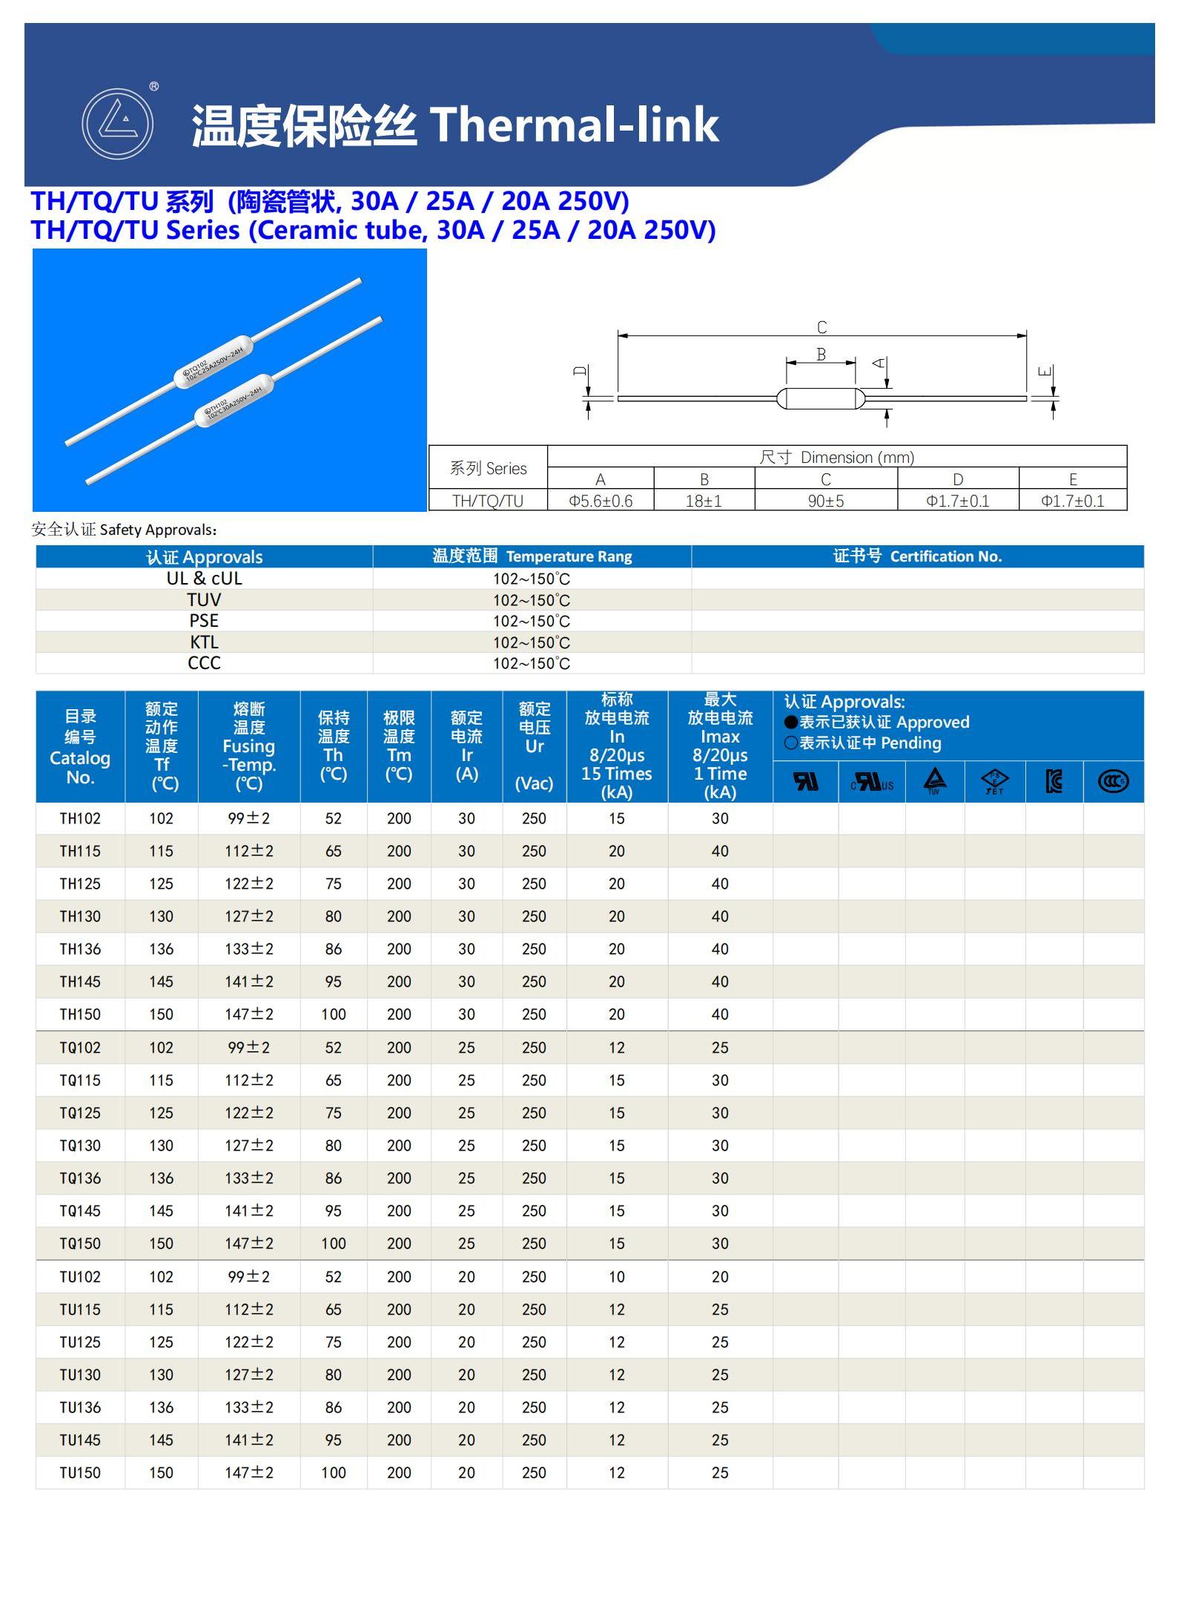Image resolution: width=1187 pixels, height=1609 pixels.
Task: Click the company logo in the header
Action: (x=117, y=123)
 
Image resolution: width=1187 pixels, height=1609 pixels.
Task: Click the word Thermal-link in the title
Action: (x=574, y=125)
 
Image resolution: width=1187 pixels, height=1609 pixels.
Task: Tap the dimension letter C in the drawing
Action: (x=821, y=327)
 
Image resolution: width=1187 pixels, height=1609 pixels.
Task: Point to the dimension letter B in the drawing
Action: (x=821, y=354)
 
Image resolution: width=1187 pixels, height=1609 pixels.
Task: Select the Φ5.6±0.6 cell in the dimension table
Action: (x=601, y=501)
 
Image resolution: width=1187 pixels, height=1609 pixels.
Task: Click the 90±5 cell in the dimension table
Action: (x=826, y=501)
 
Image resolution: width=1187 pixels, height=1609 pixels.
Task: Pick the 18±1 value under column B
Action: (x=704, y=501)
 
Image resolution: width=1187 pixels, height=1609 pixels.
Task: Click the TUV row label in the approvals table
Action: (x=204, y=599)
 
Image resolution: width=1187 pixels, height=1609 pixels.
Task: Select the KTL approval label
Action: (x=204, y=642)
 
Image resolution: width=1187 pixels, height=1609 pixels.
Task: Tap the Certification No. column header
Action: (x=917, y=556)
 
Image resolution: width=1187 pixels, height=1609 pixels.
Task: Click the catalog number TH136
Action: (x=80, y=949)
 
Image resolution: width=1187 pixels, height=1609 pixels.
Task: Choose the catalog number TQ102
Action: (x=80, y=1047)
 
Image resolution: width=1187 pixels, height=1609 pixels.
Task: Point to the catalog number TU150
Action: (x=80, y=1473)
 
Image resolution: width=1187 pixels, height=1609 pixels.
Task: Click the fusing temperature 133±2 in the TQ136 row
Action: (x=249, y=1178)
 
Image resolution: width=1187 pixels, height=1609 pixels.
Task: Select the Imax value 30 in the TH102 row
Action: (x=720, y=818)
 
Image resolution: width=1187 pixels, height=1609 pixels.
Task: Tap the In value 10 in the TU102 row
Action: (x=617, y=1277)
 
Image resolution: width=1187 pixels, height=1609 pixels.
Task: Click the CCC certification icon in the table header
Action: (x=1113, y=781)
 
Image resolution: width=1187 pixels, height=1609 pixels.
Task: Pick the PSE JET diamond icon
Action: (x=994, y=781)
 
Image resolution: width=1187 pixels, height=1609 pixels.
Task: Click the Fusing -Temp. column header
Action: (x=249, y=746)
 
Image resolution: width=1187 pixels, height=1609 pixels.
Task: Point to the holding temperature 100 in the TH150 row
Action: (x=334, y=1014)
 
